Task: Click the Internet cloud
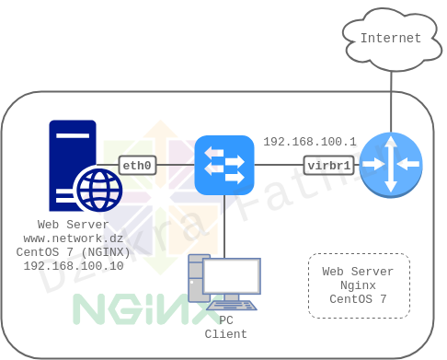(x=391, y=38)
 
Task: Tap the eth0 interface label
(x=137, y=166)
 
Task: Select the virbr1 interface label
(x=328, y=166)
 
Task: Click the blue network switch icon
(x=224, y=165)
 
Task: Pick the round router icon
(x=391, y=165)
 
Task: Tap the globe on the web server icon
(x=98, y=191)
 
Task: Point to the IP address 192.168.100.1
(x=309, y=142)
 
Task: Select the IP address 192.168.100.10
(x=74, y=265)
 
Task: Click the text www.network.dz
(x=74, y=238)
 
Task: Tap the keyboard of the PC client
(x=231, y=305)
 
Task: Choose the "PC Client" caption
(x=225, y=327)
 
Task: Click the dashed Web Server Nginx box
(x=359, y=285)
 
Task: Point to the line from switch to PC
(x=224, y=226)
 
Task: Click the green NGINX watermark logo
(x=133, y=309)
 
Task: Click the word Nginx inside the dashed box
(x=358, y=285)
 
